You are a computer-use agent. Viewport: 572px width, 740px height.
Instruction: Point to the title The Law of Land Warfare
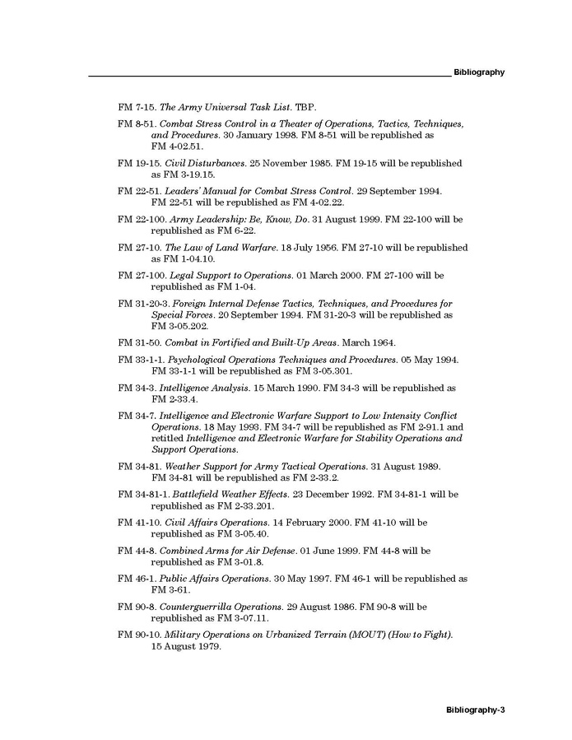click(x=213, y=248)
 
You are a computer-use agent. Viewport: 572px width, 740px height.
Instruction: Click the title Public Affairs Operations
click(x=209, y=579)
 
